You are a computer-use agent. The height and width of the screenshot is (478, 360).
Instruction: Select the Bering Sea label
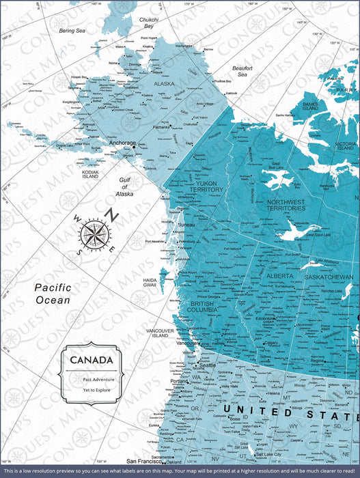tap(72, 31)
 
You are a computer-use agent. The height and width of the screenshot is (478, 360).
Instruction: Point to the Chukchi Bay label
tap(148, 24)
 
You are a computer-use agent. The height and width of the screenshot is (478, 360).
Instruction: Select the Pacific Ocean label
tap(53, 294)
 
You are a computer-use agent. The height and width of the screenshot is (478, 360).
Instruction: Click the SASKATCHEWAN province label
tap(328, 278)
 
